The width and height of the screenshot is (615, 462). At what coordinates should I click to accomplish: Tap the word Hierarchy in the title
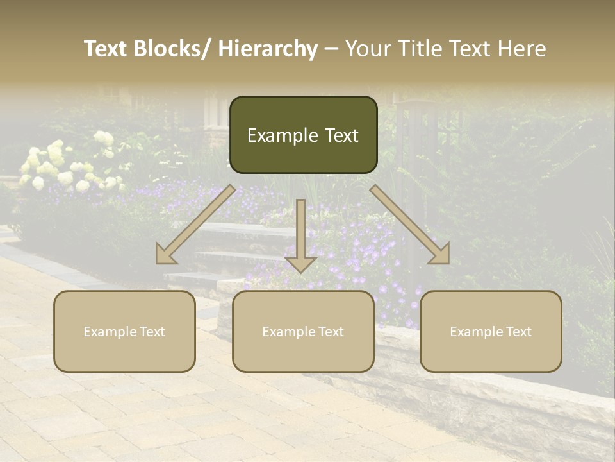point(268,49)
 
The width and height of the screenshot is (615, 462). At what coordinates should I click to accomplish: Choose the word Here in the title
point(521,49)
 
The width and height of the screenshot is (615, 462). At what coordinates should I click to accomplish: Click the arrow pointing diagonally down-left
point(195,225)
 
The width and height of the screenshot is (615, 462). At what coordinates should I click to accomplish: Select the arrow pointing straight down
point(300,234)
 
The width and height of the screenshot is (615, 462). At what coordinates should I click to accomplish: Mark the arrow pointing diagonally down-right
point(410,225)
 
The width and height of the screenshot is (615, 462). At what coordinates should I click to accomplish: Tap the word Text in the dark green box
point(340,135)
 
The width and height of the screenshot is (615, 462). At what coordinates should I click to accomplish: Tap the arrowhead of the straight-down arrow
point(300,264)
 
